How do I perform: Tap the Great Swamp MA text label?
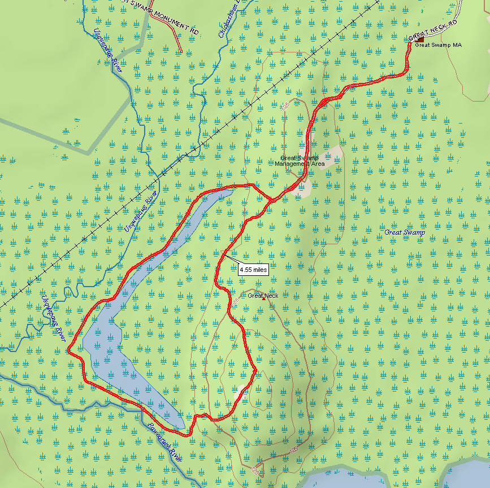pos(439,45)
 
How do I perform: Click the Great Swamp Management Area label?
pos(300,161)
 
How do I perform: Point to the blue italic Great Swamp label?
pos(404,232)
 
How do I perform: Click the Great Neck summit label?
pos(263,295)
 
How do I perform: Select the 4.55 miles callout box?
pos(253,270)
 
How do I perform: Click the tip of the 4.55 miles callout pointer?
pos(223,254)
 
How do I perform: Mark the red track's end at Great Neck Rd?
pos(409,44)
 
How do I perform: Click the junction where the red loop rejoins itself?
pos(270,199)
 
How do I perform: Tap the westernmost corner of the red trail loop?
pos(68,350)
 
